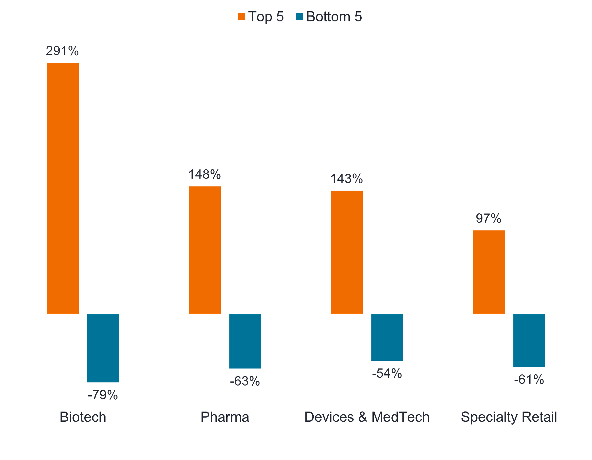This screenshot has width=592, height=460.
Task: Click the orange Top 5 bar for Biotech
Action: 63,188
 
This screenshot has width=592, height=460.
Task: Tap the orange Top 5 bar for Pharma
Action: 205,250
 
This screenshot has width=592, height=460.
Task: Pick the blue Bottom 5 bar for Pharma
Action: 245,341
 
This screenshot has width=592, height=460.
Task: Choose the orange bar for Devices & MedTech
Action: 347,252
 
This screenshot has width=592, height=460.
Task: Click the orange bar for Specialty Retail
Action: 489,272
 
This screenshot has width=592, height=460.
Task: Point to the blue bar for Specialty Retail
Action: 529,340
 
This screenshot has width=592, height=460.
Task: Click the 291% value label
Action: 62,51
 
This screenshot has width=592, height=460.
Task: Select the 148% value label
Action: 205,174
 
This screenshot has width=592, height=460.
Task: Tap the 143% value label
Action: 347,179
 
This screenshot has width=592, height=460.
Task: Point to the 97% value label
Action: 488,218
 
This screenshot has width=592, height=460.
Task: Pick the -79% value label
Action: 103,395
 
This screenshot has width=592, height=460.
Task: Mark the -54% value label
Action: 387,373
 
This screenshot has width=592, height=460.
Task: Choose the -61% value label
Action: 529,380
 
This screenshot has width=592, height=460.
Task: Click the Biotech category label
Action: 83,417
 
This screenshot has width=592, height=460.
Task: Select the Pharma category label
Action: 225,417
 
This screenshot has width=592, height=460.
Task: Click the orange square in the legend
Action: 241,17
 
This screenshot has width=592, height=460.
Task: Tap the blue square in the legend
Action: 300,17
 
